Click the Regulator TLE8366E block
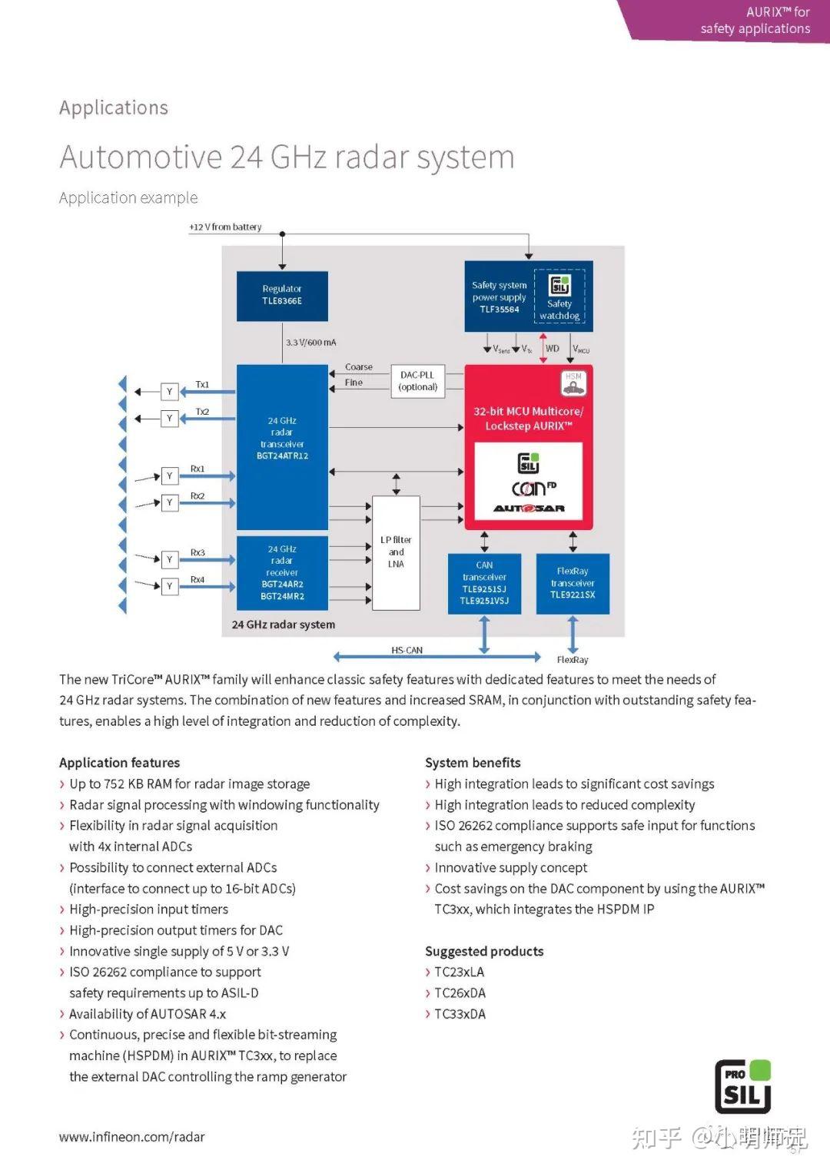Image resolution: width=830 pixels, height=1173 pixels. coord(282,296)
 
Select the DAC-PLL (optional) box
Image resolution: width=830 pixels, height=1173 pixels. coord(417,381)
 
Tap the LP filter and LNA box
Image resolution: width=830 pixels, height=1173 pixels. coord(396,552)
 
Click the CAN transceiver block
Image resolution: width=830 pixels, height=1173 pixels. coord(484,583)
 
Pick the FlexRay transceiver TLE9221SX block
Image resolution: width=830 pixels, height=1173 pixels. coord(573,583)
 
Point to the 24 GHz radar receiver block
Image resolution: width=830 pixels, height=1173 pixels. coord(282,572)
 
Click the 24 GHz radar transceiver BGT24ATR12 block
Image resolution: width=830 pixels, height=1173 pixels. coord(282,447)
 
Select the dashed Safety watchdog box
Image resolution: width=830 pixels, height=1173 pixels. coord(559,296)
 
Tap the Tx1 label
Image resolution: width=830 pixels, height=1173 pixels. coord(202,384)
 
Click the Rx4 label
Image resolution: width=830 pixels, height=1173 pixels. coord(198,579)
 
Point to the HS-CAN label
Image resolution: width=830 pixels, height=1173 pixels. coord(407,650)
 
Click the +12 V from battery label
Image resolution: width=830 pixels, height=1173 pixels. coord(225,227)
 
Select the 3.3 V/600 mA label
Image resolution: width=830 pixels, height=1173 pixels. coord(310,343)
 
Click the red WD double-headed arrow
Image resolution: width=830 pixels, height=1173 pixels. coord(543,348)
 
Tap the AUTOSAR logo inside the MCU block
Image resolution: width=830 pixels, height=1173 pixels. coord(529,509)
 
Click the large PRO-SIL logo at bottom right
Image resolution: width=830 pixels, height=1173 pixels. coord(742,1086)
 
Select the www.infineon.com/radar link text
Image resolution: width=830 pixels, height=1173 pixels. coord(132,1137)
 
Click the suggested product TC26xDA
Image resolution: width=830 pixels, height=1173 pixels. coord(460,993)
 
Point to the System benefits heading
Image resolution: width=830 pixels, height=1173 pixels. coord(473,763)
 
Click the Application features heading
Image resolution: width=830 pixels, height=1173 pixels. coord(119,763)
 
